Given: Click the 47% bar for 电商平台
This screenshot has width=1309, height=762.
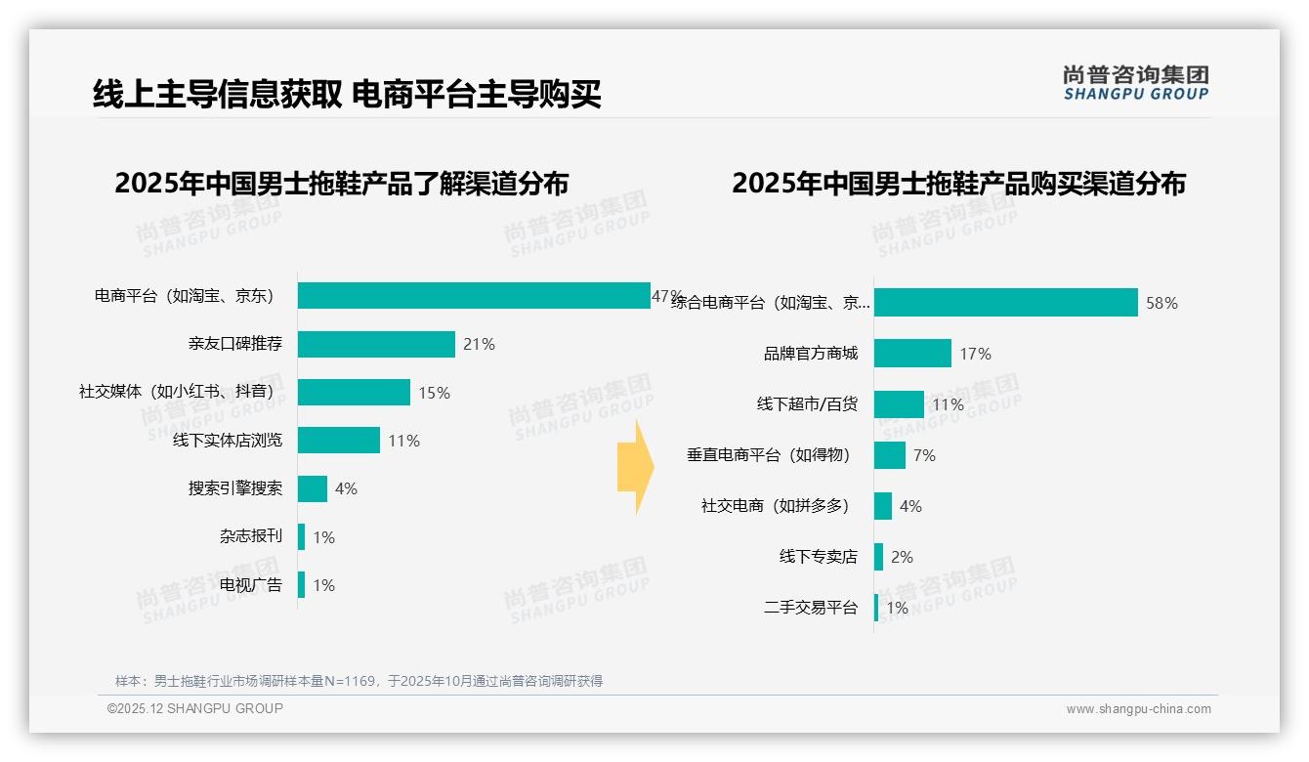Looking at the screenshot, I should click(x=474, y=295).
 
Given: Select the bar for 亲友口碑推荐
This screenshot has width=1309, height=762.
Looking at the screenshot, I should click(x=376, y=344).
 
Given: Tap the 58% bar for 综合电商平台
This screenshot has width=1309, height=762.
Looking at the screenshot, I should click(x=1005, y=303).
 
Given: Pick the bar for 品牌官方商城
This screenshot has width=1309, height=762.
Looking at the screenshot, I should click(x=912, y=354).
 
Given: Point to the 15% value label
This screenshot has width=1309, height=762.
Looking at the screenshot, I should click(x=434, y=393).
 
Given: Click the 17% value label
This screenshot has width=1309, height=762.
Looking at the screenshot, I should click(x=975, y=354).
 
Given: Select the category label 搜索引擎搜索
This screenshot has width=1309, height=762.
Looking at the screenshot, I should click(x=235, y=488).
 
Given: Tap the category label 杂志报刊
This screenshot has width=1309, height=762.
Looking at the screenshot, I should click(x=251, y=536).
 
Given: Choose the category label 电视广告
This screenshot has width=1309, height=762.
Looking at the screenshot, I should click(x=251, y=585).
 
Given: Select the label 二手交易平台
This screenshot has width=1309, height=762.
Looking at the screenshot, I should click(x=810, y=608).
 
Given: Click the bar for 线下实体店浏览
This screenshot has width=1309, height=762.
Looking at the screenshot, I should click(x=338, y=441).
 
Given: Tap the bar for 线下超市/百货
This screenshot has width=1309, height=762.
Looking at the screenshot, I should click(x=899, y=404).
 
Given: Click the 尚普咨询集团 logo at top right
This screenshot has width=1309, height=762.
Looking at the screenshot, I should click(x=1135, y=83).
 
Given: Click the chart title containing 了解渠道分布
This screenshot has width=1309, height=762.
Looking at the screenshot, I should click(x=341, y=184).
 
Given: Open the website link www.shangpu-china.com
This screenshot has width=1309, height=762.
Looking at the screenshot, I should click(x=1138, y=709).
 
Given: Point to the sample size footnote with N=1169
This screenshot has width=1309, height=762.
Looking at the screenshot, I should click(x=359, y=681).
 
